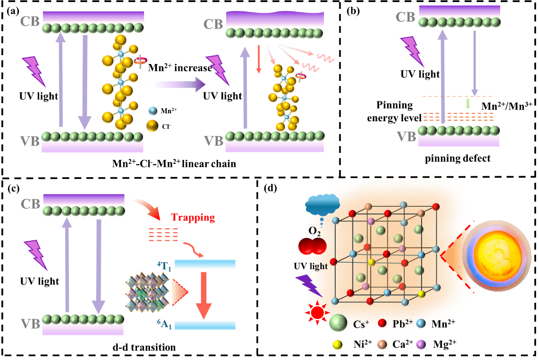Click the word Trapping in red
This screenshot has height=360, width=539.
(193, 218)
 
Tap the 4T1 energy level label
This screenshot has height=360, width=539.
(164, 266)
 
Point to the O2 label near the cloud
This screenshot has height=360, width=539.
(315, 231)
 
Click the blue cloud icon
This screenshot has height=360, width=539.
(322, 205)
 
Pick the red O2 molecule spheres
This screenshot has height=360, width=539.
(312, 246)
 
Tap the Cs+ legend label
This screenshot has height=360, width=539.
(361, 324)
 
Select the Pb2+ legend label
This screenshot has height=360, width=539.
(403, 324)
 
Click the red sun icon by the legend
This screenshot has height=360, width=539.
(317, 312)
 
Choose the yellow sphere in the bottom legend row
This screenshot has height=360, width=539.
(337, 345)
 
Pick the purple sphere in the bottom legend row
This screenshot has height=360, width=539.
(421, 344)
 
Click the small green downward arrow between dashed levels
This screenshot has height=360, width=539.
(468, 104)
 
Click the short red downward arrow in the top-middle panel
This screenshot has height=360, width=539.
(259, 59)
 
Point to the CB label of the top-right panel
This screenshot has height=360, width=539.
(406, 17)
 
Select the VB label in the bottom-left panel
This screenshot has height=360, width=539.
(30, 324)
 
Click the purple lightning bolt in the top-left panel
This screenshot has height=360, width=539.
(34, 70)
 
